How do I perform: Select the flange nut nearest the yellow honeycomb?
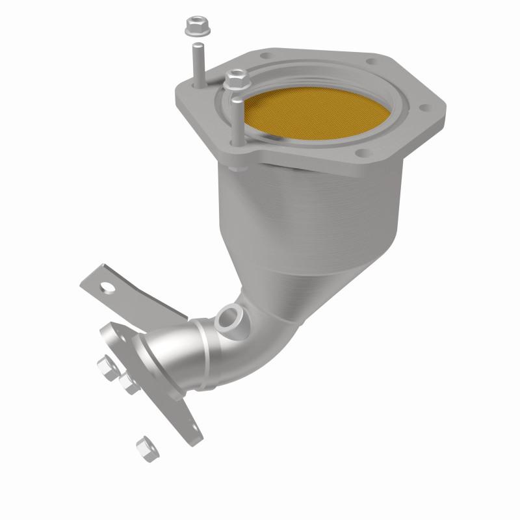(x=233, y=81)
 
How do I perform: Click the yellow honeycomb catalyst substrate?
(x=306, y=114)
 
